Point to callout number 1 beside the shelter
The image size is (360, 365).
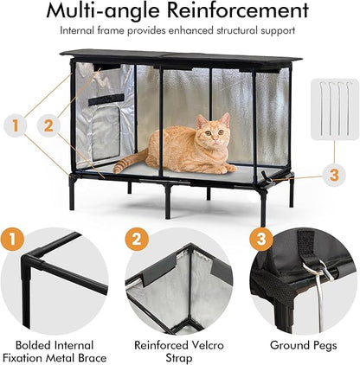click(x=13, y=125)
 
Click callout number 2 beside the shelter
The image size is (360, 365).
click(x=48, y=125)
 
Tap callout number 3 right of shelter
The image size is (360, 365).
click(x=333, y=174)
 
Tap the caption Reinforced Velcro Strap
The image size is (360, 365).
click(x=181, y=350)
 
